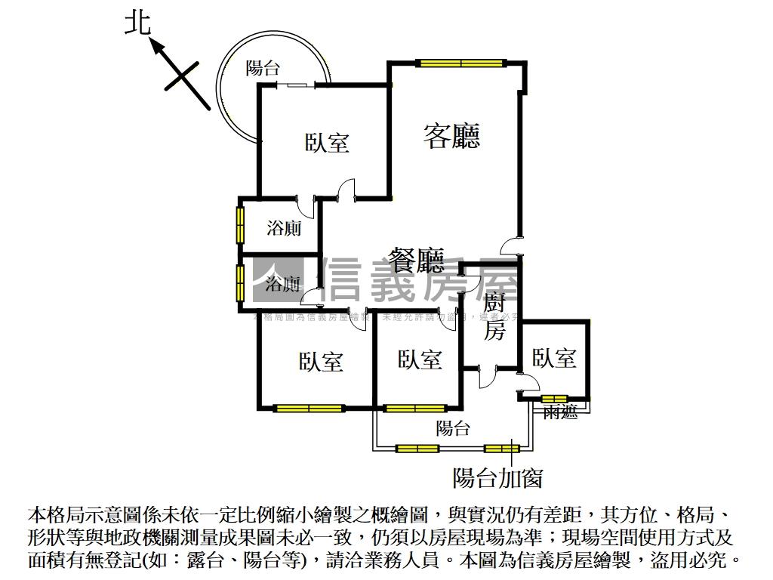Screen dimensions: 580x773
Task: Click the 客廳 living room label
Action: click(451, 136)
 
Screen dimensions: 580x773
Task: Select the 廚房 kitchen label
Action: click(494, 317)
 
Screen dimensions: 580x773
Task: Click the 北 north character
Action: click(137, 24)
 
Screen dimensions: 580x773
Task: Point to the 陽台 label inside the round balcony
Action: click(263, 69)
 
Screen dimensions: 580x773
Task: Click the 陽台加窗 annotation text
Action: click(497, 477)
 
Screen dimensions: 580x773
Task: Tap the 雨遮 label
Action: click(560, 412)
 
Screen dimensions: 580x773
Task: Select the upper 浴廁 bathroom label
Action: click(285, 228)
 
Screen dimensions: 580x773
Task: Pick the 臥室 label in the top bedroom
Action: click(327, 143)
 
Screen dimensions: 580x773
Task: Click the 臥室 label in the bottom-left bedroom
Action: click(321, 362)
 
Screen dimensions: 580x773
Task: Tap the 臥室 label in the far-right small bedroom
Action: click(554, 358)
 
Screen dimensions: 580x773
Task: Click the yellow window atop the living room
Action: click(461, 63)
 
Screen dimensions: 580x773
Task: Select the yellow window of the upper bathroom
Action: click(240, 224)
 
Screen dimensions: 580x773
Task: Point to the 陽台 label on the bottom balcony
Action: click(453, 429)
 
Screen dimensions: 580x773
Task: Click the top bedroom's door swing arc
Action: click(345, 189)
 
